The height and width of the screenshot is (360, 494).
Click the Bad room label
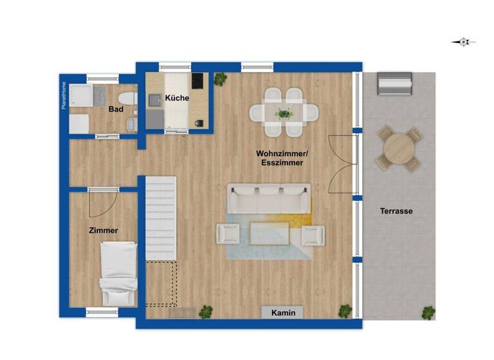click(116, 109)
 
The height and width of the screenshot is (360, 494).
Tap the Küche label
click(177, 98)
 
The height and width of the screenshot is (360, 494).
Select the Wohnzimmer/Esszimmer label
click(282, 158)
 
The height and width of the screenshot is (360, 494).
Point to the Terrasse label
click(396, 211)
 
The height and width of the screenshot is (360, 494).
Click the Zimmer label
click(104, 230)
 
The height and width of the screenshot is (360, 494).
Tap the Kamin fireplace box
click(282, 312)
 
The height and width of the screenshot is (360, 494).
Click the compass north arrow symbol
click(464, 42)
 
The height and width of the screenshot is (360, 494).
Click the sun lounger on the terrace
click(394, 84)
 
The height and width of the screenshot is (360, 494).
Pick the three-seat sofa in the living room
click(269, 199)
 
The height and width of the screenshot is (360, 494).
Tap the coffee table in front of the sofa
click(269, 233)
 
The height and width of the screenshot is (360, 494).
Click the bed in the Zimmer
click(118, 273)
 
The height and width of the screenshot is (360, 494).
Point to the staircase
click(160, 219)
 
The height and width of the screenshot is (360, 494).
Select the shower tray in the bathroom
click(82, 96)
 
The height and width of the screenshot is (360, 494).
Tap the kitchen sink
click(155, 100)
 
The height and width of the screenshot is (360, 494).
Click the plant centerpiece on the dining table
click(284, 114)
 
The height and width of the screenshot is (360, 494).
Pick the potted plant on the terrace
click(428, 312)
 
